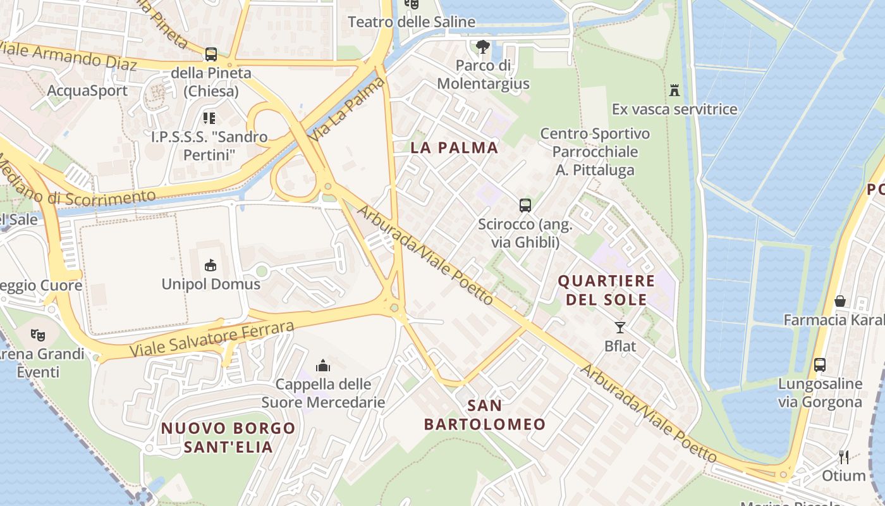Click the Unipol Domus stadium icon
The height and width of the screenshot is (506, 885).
click(x=211, y=265)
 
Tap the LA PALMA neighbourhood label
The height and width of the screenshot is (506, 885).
click(x=455, y=148)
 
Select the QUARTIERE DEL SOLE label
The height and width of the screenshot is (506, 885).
click(x=606, y=290)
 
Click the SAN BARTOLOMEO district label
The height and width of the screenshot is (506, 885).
click(x=485, y=414)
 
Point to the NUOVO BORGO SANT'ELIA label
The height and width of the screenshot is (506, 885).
click(x=228, y=437)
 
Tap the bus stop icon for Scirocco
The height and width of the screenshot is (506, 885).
click(x=525, y=206)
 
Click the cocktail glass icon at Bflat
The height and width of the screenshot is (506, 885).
click(x=619, y=327)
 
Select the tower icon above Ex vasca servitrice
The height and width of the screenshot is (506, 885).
click(x=674, y=90)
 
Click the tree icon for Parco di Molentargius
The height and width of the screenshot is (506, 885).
click(x=483, y=47)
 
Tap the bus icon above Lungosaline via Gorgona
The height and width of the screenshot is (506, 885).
click(x=819, y=365)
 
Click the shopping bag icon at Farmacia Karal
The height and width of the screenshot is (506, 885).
click(x=839, y=301)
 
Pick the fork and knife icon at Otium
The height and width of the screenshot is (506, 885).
click(x=843, y=457)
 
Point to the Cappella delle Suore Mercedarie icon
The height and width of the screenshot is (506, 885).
click(x=323, y=366)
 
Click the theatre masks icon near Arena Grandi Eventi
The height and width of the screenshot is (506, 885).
click(x=38, y=335)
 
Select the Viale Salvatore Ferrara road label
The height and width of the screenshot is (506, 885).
click(x=212, y=340)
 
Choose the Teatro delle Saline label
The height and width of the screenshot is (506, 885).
click(x=412, y=22)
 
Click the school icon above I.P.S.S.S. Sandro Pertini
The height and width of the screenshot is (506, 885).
click(x=209, y=118)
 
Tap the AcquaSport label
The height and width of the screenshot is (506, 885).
click(x=87, y=90)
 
